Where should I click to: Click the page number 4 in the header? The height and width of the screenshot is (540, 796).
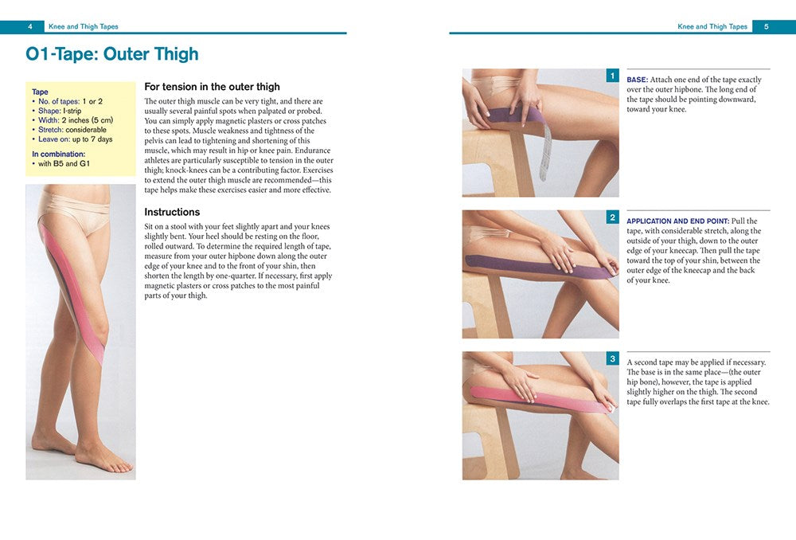pos(29,26)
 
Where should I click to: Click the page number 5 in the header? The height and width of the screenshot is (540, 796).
pos(766,26)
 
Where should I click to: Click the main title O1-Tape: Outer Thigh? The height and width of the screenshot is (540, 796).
pos(112,55)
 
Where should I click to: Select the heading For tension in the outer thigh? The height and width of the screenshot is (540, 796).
pos(212,87)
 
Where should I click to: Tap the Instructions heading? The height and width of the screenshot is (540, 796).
pos(172,212)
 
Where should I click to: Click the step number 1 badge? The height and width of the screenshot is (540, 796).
pos(612,76)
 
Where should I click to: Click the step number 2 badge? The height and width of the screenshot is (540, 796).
pos(612,217)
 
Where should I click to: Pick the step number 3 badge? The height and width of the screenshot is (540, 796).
pos(612,359)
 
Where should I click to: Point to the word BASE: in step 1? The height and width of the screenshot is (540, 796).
pos(638,80)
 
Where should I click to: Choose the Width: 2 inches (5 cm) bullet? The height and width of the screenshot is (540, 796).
pos(77,120)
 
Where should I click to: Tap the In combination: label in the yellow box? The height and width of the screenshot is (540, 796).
pos(58,154)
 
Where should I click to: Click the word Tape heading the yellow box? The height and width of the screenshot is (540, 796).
pos(40,92)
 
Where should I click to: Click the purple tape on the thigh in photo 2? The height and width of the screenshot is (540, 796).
pos(509,263)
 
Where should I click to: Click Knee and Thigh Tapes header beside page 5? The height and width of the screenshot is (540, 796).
pos(712,26)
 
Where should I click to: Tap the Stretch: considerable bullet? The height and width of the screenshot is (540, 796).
pos(72,130)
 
